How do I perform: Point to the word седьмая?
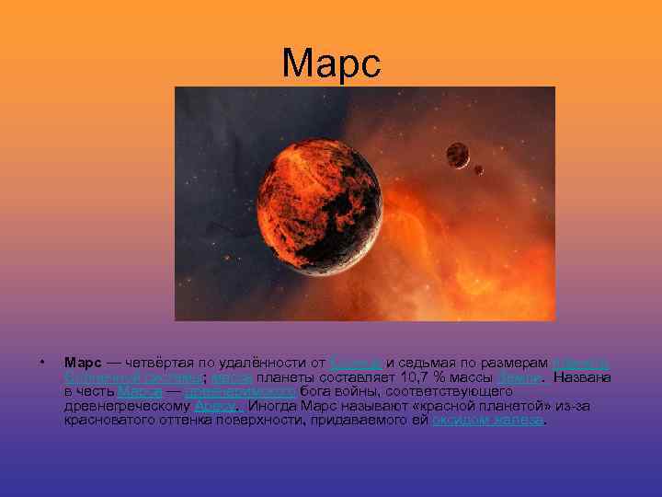433,361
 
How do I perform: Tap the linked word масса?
227,376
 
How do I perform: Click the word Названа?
584,376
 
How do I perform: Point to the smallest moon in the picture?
478,169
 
